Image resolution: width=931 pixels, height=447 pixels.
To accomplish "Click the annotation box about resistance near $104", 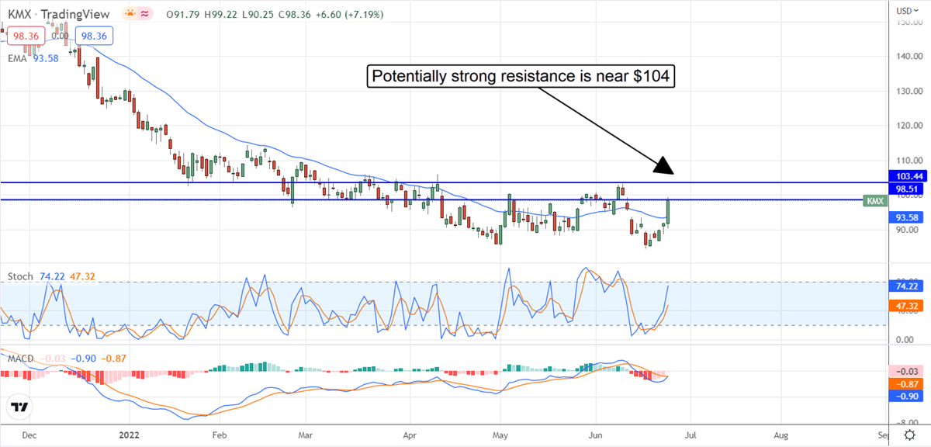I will click(520, 77).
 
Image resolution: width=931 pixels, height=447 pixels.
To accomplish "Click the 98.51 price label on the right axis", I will click(909, 189).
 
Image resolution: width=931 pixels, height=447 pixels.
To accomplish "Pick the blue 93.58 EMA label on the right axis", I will click(909, 217).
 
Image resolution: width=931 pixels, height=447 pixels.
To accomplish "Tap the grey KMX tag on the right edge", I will click(874, 200).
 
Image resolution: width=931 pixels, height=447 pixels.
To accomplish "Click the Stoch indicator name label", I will click(19, 275).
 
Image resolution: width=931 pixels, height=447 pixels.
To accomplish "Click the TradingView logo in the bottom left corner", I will click(19, 407).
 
